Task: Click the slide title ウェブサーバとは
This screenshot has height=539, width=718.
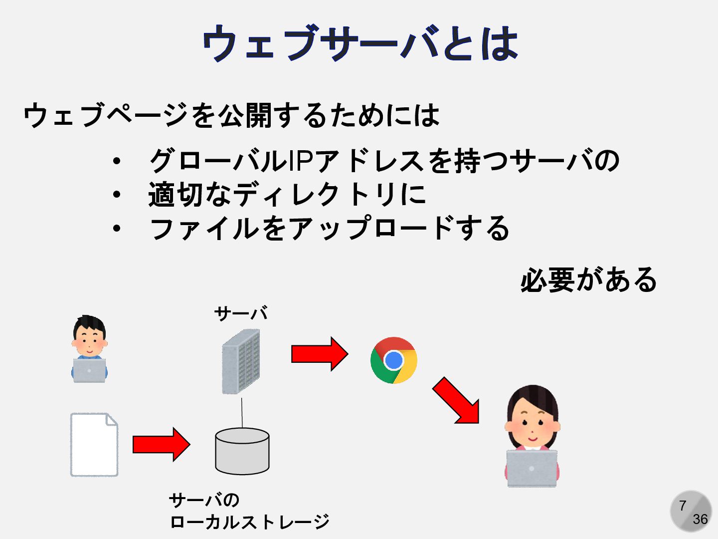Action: pyautogui.click(x=360, y=44)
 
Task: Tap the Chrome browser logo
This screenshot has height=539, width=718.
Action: pyautogui.click(x=394, y=360)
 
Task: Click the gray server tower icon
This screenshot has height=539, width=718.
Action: pyautogui.click(x=241, y=362)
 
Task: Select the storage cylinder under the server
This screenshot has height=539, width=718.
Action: pyautogui.click(x=242, y=451)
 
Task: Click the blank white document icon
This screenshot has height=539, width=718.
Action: pyautogui.click(x=94, y=445)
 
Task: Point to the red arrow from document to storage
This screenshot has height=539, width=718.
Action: pyautogui.click(x=161, y=444)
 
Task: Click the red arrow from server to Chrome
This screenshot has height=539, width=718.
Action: pyautogui.click(x=320, y=354)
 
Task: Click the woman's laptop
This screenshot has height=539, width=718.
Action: pyautogui.click(x=532, y=468)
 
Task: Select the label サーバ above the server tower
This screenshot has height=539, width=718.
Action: pyautogui.click(x=241, y=313)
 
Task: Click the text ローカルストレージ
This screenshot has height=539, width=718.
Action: pyautogui.click(x=249, y=522)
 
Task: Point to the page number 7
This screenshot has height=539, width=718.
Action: pyautogui.click(x=683, y=506)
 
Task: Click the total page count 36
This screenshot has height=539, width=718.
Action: pyautogui.click(x=700, y=520)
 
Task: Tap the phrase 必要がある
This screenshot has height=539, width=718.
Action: pyautogui.click(x=588, y=280)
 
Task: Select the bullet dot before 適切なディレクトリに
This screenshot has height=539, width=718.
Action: pyautogui.click(x=117, y=195)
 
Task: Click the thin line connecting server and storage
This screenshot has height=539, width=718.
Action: pyautogui.click(x=242, y=412)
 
